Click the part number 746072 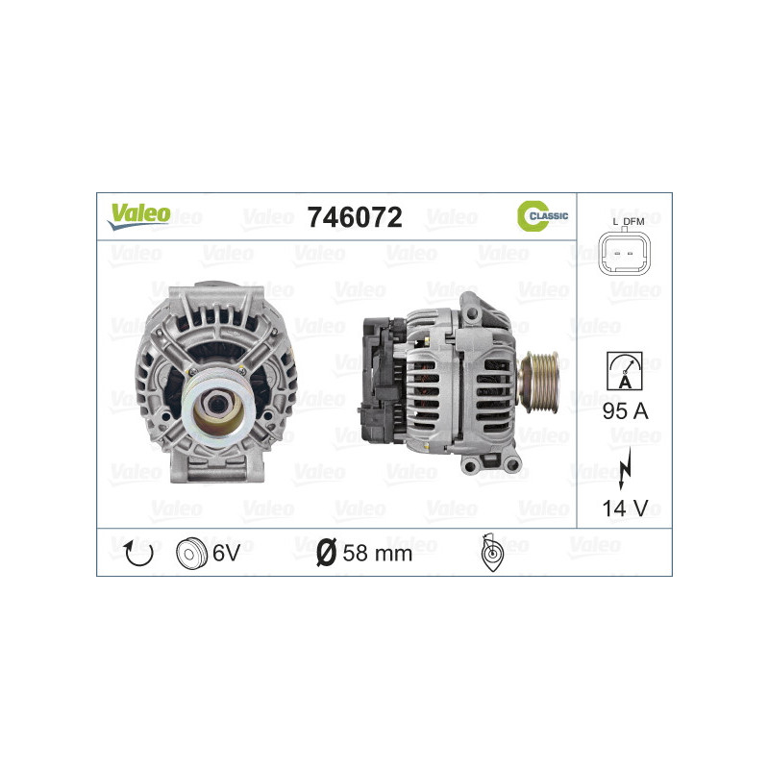coord(354,217)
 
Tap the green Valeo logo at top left coord(138,215)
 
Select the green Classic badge coord(542,216)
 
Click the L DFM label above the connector coord(628,222)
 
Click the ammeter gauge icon coord(624,368)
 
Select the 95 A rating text coord(624,410)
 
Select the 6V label coord(227,553)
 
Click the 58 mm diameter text coord(378,553)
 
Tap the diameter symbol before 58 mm coord(326,553)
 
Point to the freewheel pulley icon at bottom coord(490,555)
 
